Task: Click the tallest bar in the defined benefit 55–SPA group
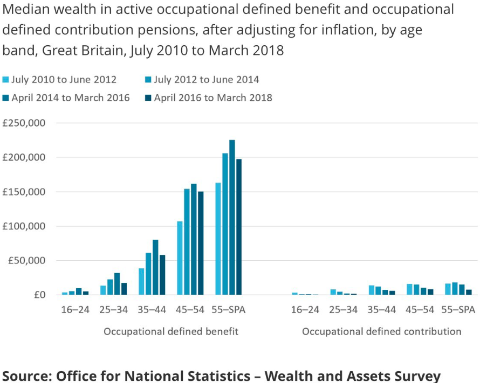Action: pos(232,217)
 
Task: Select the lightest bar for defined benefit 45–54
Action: pos(180,258)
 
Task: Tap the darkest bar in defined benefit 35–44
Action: pos(162,275)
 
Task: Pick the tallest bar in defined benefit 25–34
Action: pos(117,284)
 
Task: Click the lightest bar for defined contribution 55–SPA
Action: pos(448,289)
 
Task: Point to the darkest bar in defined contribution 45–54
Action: pos(430,292)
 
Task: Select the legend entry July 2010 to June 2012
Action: pos(59,80)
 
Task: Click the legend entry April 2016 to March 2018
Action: pos(209,98)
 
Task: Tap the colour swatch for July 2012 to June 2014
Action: pos(148,80)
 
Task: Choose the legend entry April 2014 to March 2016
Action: pos(66,98)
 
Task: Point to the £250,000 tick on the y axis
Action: pos(24,123)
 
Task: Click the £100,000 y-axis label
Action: pos(24,226)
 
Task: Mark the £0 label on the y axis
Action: pos(39,295)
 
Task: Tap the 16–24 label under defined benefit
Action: pos(76,310)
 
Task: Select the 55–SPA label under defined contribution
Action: pos(458,310)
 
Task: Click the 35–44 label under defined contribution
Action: pos(382,310)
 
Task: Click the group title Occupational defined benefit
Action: pos(171,332)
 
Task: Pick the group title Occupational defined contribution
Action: pos(382,332)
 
